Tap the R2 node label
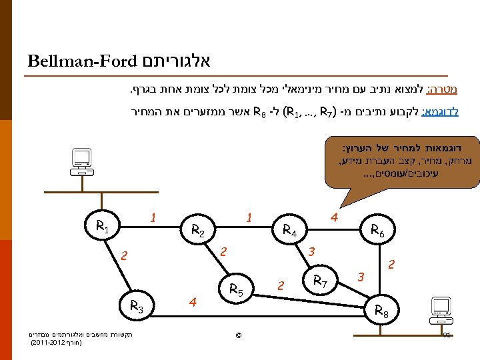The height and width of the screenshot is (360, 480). click(x=198, y=231)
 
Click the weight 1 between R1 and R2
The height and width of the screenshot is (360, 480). click(x=153, y=218)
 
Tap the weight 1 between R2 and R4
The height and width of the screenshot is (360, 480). click(x=248, y=218)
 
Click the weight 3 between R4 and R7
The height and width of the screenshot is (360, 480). click(x=311, y=251)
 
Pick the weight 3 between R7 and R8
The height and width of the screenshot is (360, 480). click(x=361, y=275)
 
